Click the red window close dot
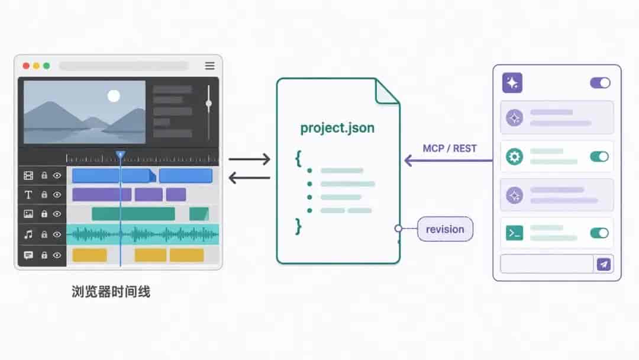(26, 66)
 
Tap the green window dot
(47, 66)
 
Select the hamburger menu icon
(210, 66)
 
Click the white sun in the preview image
(114, 96)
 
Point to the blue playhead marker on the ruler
(120, 155)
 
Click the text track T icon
(28, 195)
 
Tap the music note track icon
(28, 234)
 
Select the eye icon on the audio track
(57, 234)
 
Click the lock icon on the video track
(44, 175)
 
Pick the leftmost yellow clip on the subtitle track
(90, 255)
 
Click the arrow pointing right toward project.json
(250, 159)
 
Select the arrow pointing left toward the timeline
(250, 178)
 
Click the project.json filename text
(337, 128)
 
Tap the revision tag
(445, 229)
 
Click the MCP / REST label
(450, 149)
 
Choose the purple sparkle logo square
(512, 83)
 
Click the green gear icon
(514, 156)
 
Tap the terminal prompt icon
(514, 233)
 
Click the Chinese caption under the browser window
(111, 292)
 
